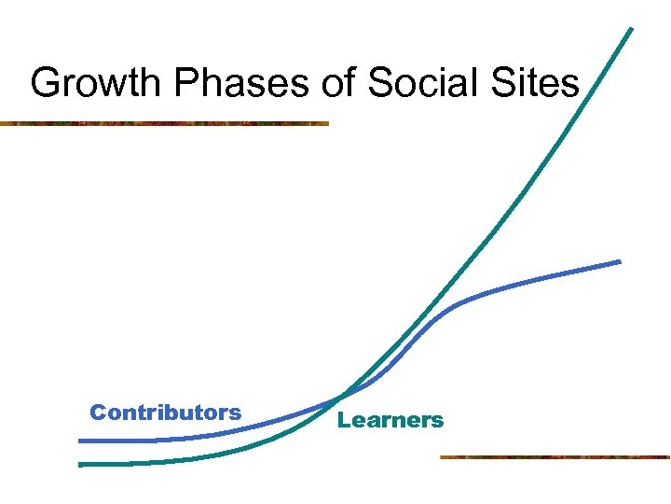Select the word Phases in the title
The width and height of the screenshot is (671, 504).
(x=221, y=84)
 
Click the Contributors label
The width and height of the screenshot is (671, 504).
(x=165, y=413)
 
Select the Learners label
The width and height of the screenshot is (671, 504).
(x=390, y=421)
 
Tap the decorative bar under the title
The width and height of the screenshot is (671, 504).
(x=164, y=123)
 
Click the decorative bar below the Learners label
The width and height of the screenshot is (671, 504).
(x=555, y=457)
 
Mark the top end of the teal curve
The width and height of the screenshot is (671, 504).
(x=631, y=29)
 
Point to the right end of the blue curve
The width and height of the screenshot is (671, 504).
(x=619, y=261)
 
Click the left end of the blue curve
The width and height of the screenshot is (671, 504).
(x=81, y=441)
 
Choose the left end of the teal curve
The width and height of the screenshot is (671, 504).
(x=81, y=464)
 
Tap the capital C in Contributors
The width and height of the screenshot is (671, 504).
(x=97, y=413)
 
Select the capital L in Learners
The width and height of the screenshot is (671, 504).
(x=343, y=421)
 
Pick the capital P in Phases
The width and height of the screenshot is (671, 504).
(x=183, y=84)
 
